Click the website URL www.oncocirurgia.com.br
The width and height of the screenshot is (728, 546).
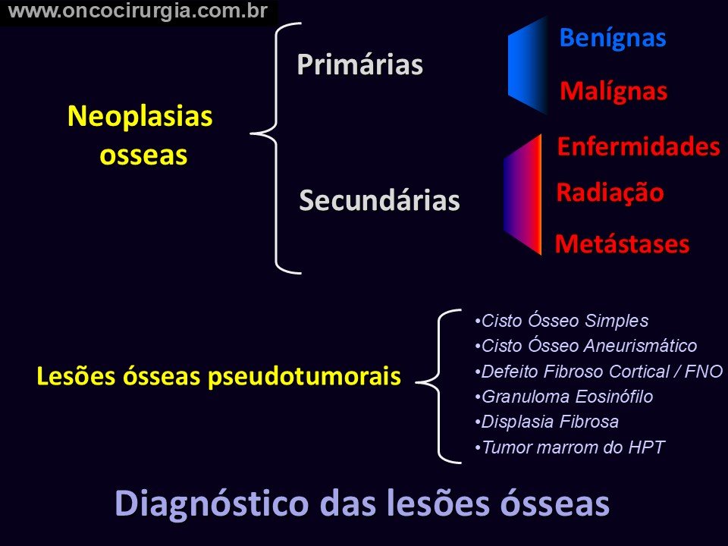(x=138, y=11)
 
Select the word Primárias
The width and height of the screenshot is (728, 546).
(x=359, y=64)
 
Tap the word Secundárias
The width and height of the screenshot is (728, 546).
(x=379, y=200)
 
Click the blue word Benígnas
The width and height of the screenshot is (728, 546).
(x=613, y=38)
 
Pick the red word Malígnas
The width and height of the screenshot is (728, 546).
(x=613, y=91)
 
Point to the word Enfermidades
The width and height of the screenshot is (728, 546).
(x=639, y=146)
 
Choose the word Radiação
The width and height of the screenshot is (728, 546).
(x=610, y=192)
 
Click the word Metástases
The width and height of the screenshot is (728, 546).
(x=622, y=243)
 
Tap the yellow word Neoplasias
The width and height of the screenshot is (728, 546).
(x=140, y=117)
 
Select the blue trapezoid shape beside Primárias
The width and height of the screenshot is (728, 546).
(x=528, y=65)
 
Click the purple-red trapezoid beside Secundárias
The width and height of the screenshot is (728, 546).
(x=522, y=194)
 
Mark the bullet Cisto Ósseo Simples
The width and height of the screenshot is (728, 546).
(x=562, y=320)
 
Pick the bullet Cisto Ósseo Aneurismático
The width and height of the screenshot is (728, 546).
(x=586, y=346)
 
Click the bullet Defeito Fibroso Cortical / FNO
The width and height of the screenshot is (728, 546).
(x=599, y=371)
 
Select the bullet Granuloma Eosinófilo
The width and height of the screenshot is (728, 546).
(x=564, y=397)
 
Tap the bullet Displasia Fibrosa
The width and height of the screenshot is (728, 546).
(x=547, y=422)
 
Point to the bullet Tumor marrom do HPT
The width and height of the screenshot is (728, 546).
(x=570, y=447)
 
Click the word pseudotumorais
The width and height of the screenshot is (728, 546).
(x=304, y=376)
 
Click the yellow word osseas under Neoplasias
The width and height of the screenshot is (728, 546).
(x=143, y=155)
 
